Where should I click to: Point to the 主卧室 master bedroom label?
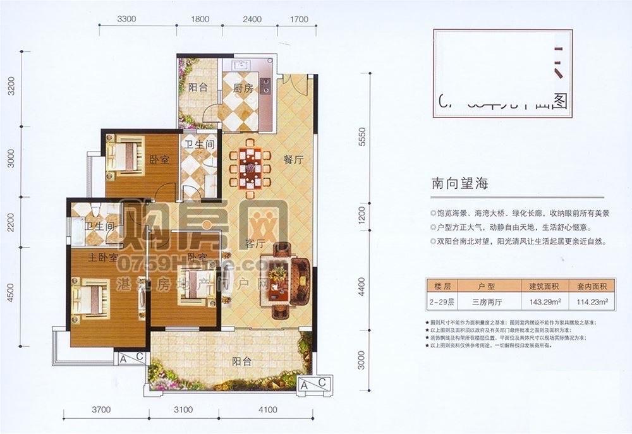pos(86,257)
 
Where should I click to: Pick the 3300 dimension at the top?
pos(127,19)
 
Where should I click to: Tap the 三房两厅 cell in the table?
pos(486,302)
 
